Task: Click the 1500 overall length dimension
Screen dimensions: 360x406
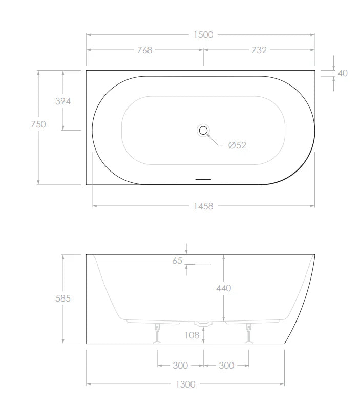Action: point(203,35)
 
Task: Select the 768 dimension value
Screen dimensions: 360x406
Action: point(144,50)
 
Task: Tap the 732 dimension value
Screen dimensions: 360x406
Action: point(259,50)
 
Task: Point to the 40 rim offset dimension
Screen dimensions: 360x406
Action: point(343,73)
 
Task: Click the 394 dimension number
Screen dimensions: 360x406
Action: point(63,101)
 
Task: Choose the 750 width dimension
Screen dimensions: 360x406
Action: point(38,124)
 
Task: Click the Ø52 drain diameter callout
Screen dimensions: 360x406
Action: point(237,145)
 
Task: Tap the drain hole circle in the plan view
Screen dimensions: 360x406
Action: point(203,131)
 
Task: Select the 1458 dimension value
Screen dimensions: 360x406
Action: point(203,206)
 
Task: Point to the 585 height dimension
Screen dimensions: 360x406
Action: point(63,298)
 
